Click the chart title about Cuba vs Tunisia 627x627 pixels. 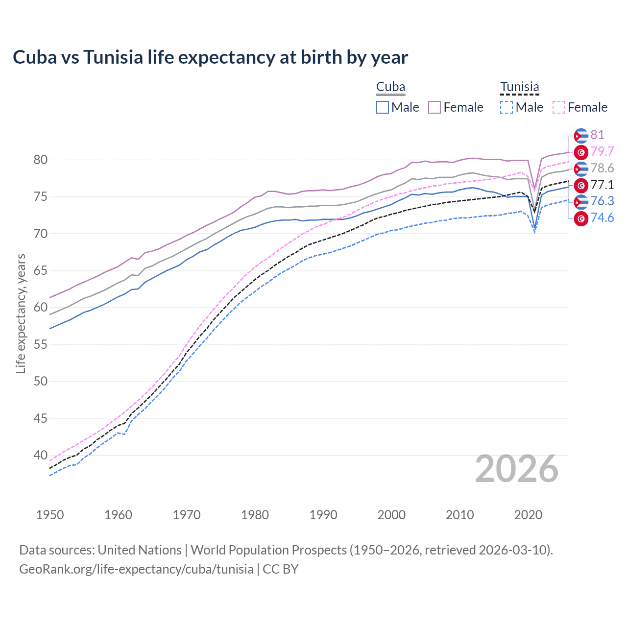click(210, 57)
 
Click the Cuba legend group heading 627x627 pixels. click(390, 87)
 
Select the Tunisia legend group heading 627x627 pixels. click(519, 87)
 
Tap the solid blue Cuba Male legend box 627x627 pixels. click(383, 107)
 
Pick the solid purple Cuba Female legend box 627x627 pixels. click(434, 107)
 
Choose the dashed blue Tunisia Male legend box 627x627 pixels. click(506, 107)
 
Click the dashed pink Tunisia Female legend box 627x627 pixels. click(559, 107)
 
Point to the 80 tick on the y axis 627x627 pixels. click(41, 160)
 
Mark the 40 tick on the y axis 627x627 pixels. click(41, 455)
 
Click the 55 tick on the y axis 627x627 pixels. click(41, 344)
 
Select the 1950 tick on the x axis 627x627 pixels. click(50, 515)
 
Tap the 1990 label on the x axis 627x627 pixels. click(323, 515)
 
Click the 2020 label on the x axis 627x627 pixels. click(528, 515)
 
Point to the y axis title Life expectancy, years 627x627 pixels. click(21, 313)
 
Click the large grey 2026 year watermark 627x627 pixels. click(516, 469)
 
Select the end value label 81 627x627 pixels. click(597, 135)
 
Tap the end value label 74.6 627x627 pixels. click(602, 218)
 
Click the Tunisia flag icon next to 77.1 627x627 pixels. click(581, 185)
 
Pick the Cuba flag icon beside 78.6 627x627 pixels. click(581, 169)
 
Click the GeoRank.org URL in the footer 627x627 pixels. click(136, 569)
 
